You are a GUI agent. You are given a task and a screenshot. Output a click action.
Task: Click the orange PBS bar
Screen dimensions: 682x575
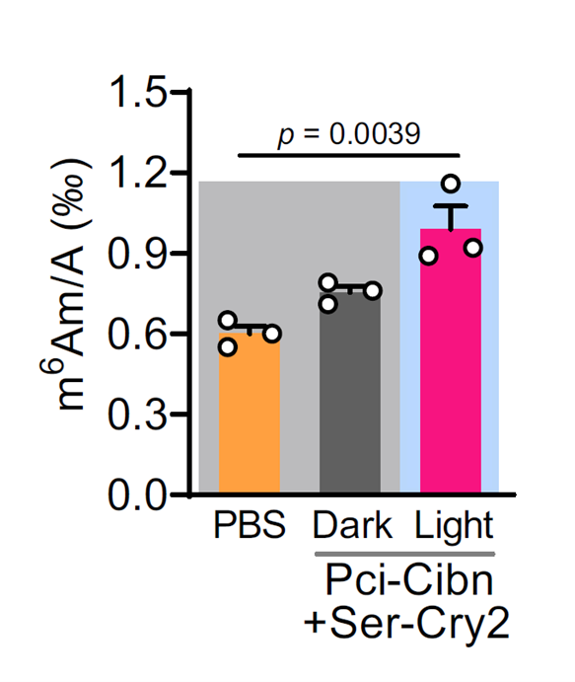pyautogui.click(x=249, y=415)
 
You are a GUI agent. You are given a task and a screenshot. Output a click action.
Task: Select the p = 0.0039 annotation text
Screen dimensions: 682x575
pyautogui.click(x=349, y=134)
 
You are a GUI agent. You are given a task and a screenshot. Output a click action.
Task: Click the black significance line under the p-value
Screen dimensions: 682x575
pyautogui.click(x=349, y=154)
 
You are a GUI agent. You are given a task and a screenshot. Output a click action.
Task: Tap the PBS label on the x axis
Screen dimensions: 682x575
pyautogui.click(x=250, y=525)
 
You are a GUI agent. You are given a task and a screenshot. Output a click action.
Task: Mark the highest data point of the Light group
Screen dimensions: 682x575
pyautogui.click(x=452, y=184)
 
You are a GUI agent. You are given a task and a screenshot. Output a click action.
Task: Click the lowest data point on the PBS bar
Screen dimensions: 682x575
pyautogui.click(x=228, y=345)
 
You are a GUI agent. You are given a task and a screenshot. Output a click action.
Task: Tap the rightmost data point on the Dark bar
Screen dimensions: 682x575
pyautogui.click(x=373, y=290)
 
